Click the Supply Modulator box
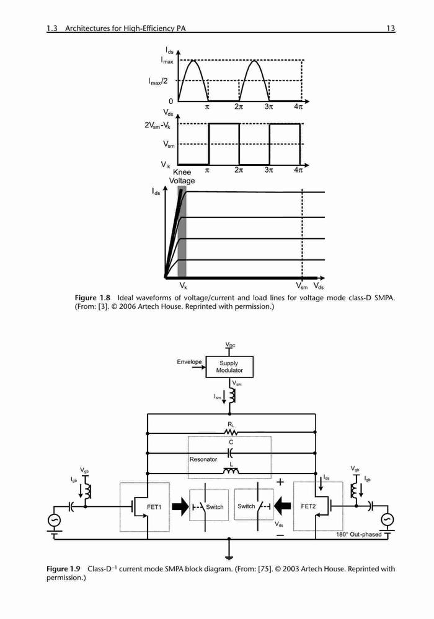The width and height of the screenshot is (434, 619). click(x=229, y=366)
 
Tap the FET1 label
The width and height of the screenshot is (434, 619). click(x=154, y=507)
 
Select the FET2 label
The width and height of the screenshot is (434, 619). click(x=308, y=506)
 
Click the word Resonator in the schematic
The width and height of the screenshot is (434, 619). click(x=203, y=459)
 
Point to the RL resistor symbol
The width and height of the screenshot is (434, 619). click(x=231, y=433)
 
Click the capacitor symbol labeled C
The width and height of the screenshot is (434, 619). click(x=231, y=452)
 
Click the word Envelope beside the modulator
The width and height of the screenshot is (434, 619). click(x=189, y=361)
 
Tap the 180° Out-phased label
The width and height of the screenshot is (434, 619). click(x=358, y=535)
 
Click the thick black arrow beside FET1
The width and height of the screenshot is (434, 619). click(x=181, y=507)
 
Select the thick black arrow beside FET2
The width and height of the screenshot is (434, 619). click(x=283, y=506)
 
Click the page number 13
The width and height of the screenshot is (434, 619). click(x=391, y=28)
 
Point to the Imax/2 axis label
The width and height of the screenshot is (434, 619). click(x=158, y=81)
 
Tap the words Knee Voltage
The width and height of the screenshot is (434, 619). click(x=182, y=176)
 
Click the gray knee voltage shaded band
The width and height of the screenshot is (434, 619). click(x=182, y=232)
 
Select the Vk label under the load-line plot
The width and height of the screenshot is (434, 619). click(x=183, y=285)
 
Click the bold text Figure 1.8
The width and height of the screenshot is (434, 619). click(x=92, y=298)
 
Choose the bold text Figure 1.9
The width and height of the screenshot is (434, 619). click(x=63, y=569)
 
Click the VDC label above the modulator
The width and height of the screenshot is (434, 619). click(x=230, y=345)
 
